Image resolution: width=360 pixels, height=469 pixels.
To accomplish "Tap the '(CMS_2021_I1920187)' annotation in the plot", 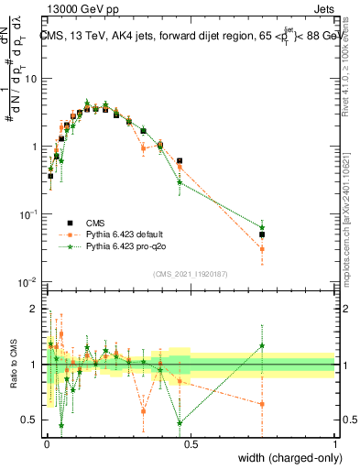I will point(191,272).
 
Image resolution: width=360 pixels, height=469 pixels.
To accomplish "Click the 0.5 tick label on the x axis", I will point(190,442).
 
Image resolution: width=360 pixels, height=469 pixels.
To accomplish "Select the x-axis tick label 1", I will point(335,442).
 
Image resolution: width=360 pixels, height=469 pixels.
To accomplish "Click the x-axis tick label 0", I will point(45,442).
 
